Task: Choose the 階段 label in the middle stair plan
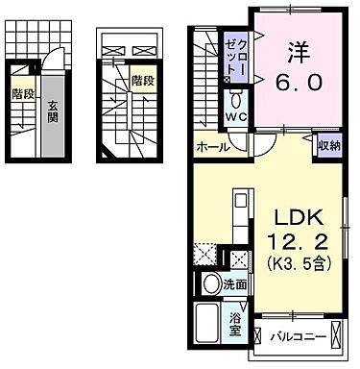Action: pyautogui.click(x=142, y=82)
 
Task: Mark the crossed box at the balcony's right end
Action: pyautogui.click(x=336, y=337)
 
